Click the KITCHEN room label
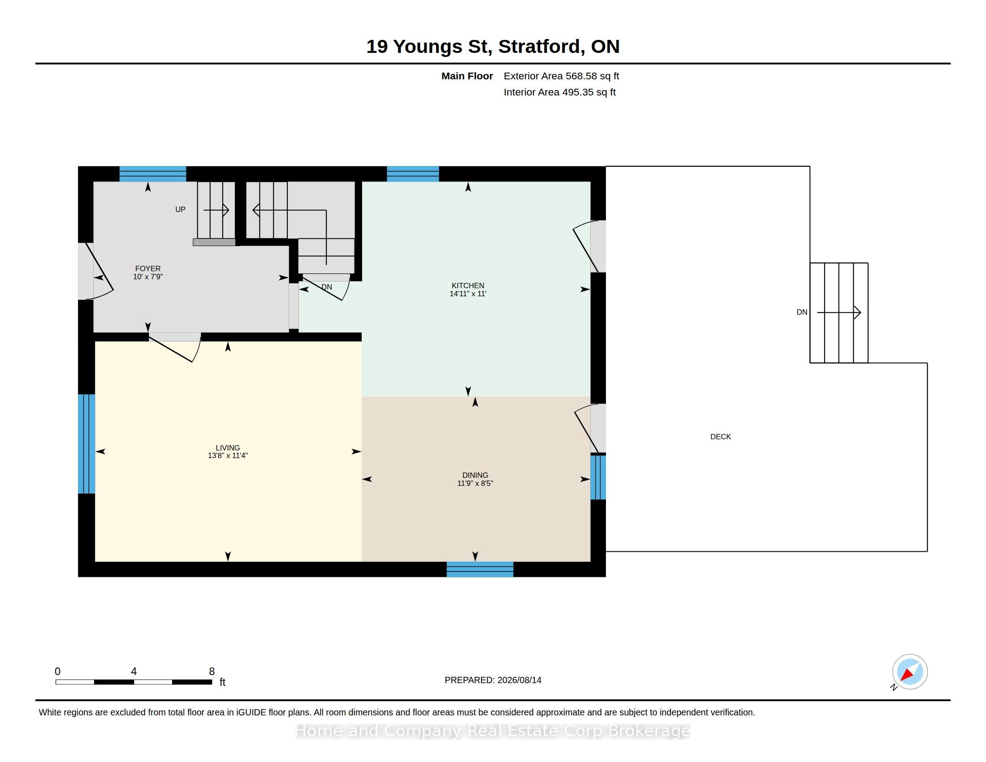[468, 285]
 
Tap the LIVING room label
[228, 448]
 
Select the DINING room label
[475, 475]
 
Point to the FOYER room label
[147, 268]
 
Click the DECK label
[721, 437]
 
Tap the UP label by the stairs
[180, 209]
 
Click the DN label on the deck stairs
[802, 312]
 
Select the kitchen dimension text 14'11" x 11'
[468, 294]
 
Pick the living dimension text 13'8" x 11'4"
[228, 455]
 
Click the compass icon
[910, 672]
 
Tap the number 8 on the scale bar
[212, 671]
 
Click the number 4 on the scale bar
[134, 671]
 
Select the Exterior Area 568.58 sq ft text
[561, 76]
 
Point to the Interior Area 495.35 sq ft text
[559, 92]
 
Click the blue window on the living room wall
[86, 444]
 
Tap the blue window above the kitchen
[413, 174]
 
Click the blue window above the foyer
[152, 174]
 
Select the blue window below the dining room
[480, 569]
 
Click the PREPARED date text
[493, 680]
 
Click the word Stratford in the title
[540, 47]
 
